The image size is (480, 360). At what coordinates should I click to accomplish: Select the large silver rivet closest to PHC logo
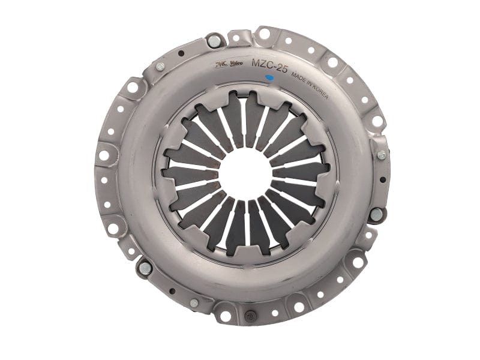coord(213,41)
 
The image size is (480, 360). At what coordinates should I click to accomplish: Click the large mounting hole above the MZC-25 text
coord(263,34)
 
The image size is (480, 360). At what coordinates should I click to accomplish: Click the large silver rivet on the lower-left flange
coord(145,267)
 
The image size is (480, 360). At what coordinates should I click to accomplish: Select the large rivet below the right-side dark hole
coord(376,214)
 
